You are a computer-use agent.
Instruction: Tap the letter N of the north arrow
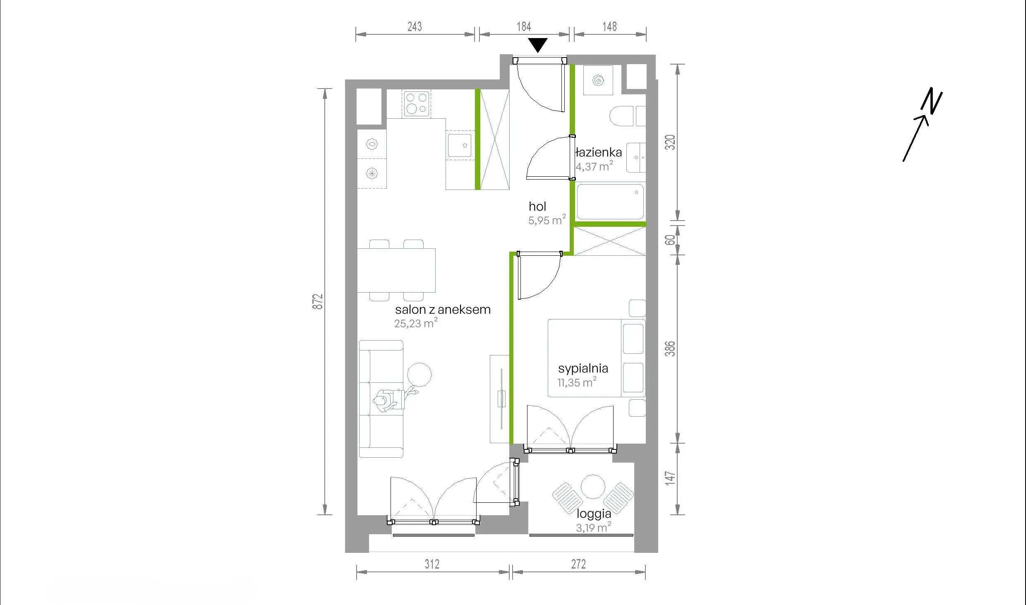[931, 101]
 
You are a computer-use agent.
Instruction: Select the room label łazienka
[599, 152]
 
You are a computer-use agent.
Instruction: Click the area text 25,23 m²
[416, 323]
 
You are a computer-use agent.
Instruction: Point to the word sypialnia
[583, 368]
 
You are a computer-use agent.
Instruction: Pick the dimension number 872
[317, 302]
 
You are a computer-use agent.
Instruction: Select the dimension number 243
[415, 26]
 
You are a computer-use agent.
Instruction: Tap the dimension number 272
[578, 564]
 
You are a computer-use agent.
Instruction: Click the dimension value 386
[670, 348]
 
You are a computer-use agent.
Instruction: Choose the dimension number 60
[670, 240]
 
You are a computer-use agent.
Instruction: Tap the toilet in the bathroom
[621, 116]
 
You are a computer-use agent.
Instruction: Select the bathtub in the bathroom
[610, 202]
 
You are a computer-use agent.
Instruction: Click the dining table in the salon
[396, 270]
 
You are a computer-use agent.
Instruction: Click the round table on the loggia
[593, 487]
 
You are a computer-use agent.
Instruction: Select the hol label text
[537, 206]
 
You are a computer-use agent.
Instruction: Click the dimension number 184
[524, 26]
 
